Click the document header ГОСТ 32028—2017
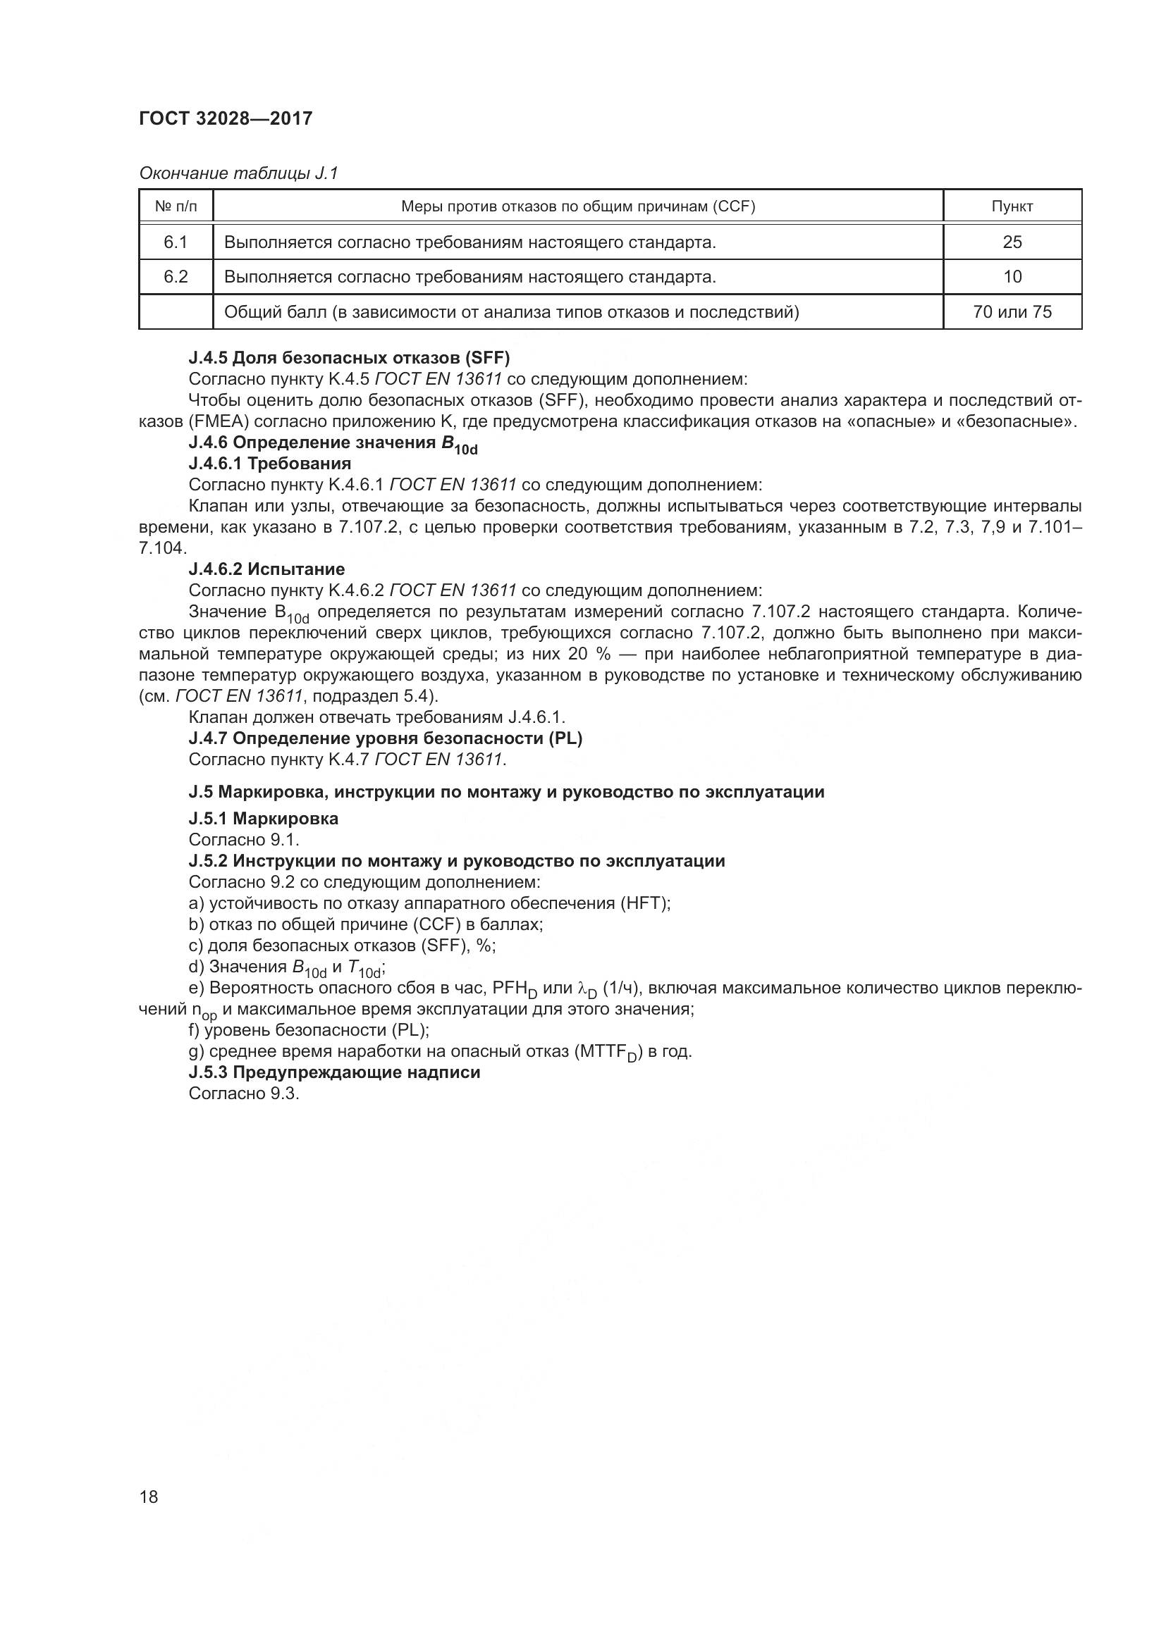[x=226, y=118]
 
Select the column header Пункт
[x=1012, y=206]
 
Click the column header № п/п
[x=176, y=206]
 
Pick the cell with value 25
[x=1012, y=242]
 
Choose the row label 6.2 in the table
[x=176, y=276]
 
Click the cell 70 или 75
[x=1012, y=311]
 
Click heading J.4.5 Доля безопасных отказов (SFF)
[x=349, y=357]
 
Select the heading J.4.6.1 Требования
[x=270, y=463]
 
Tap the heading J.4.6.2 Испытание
[x=266, y=569]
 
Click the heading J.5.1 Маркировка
[x=264, y=818]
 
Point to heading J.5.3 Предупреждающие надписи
[x=334, y=1072]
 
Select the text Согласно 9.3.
[x=243, y=1093]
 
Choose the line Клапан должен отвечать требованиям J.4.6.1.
[x=377, y=717]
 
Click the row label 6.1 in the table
[x=176, y=242]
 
